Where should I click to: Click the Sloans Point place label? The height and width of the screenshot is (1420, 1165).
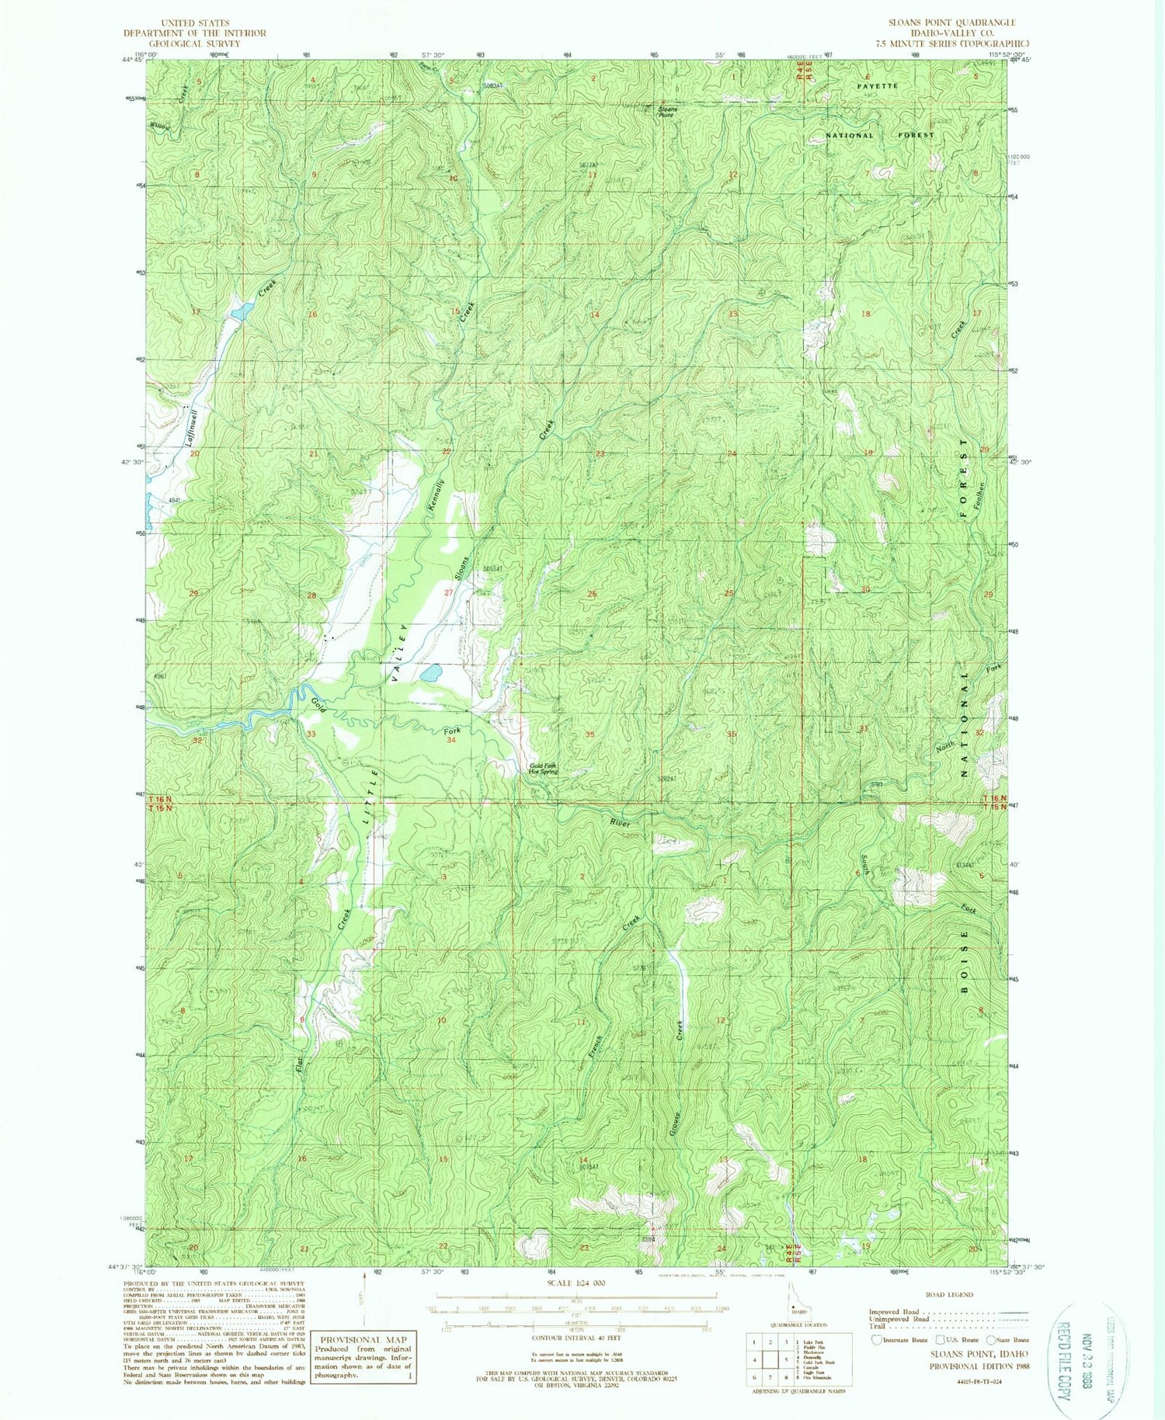668,111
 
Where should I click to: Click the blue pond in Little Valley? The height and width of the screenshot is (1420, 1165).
431,672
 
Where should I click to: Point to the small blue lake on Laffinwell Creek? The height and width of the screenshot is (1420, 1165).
240,311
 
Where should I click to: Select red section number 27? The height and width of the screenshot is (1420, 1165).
448,592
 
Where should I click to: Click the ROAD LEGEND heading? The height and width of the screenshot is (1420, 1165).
948,1295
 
